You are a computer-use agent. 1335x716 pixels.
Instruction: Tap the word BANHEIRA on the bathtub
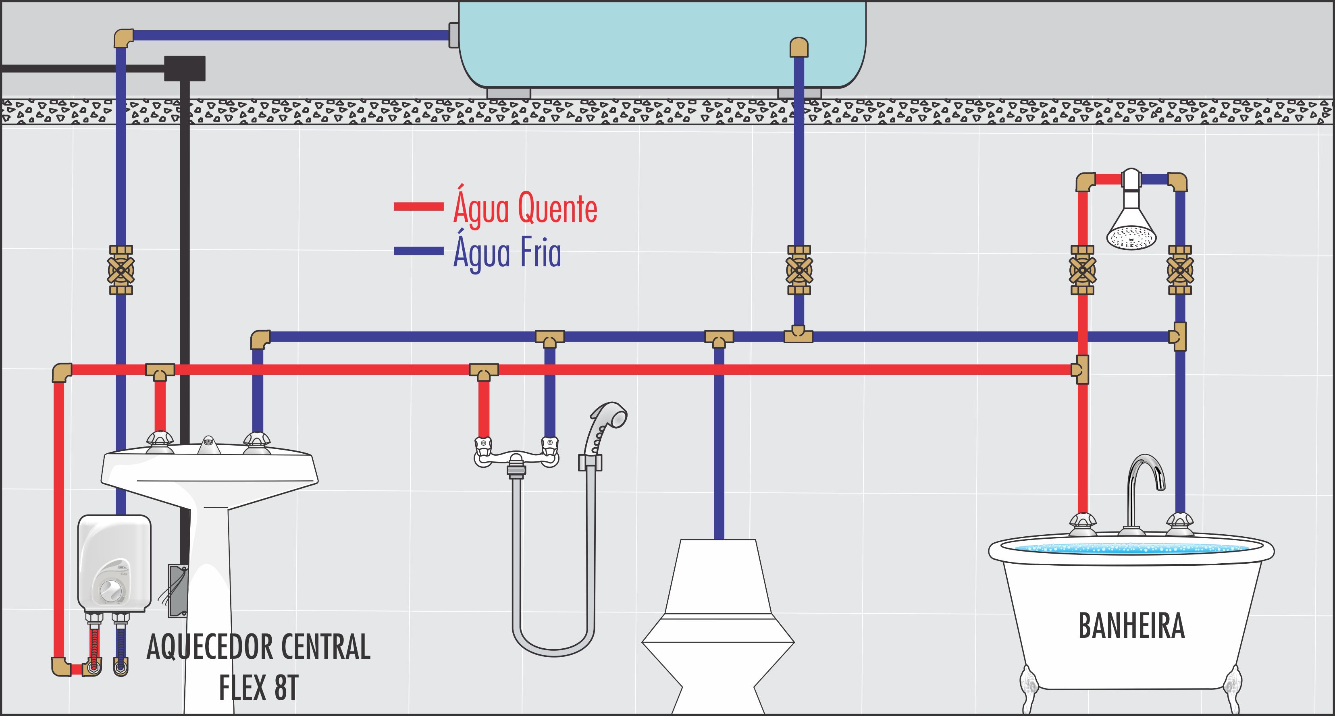coord(1131,626)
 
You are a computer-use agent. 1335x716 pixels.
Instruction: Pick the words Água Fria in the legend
coord(507,252)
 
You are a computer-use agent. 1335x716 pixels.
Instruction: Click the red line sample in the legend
coord(418,207)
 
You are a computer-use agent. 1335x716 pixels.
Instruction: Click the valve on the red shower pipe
coord(1082,270)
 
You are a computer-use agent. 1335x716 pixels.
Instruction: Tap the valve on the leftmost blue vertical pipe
coord(121,270)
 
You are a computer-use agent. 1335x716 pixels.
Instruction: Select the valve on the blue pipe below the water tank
coord(799,270)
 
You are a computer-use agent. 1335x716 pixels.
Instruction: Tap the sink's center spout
coord(208,445)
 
